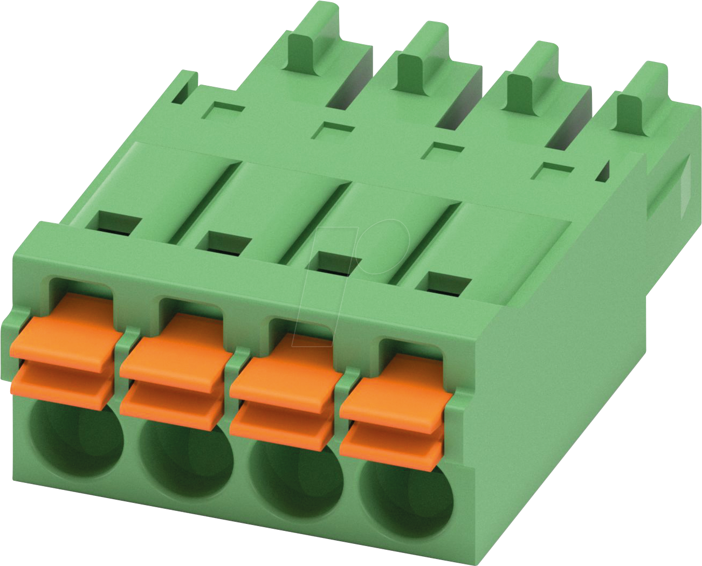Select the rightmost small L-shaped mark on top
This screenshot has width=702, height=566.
coord(555,171)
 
